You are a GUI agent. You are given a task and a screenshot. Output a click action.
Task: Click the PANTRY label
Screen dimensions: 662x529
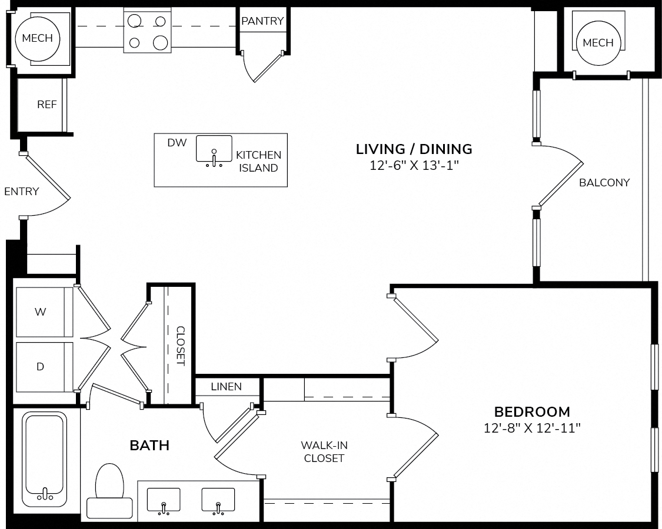pyautogui.click(x=262, y=21)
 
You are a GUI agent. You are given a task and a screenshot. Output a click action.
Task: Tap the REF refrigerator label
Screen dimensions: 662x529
pyautogui.click(x=47, y=105)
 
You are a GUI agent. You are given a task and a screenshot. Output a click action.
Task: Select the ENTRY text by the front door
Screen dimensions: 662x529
pyautogui.click(x=22, y=192)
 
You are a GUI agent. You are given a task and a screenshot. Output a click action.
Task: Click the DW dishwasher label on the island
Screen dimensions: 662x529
pyautogui.click(x=177, y=143)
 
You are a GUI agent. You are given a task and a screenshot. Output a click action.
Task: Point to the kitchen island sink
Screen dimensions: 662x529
pyautogui.click(x=214, y=149)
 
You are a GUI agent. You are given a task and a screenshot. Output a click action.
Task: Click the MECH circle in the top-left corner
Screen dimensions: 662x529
pyautogui.click(x=38, y=39)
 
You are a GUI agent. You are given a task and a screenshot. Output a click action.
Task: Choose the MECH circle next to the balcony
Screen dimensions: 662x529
pyautogui.click(x=598, y=42)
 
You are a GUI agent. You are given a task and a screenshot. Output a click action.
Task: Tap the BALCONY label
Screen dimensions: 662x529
pyautogui.click(x=604, y=183)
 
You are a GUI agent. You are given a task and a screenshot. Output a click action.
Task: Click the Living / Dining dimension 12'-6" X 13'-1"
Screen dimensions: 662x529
pyautogui.click(x=414, y=165)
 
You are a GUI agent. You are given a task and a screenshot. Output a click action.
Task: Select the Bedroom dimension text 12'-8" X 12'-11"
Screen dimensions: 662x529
pyautogui.click(x=532, y=428)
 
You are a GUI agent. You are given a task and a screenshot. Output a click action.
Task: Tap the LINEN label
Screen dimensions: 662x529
pyautogui.click(x=227, y=386)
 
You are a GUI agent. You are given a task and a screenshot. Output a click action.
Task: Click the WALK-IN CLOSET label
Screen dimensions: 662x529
pyautogui.click(x=324, y=452)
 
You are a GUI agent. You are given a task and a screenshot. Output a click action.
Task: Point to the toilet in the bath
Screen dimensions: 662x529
pyautogui.click(x=109, y=491)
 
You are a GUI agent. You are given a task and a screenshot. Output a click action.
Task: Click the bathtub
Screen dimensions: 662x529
pyautogui.click(x=45, y=459)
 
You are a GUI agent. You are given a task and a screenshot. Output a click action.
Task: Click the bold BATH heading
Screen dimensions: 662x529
pyautogui.click(x=149, y=446)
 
